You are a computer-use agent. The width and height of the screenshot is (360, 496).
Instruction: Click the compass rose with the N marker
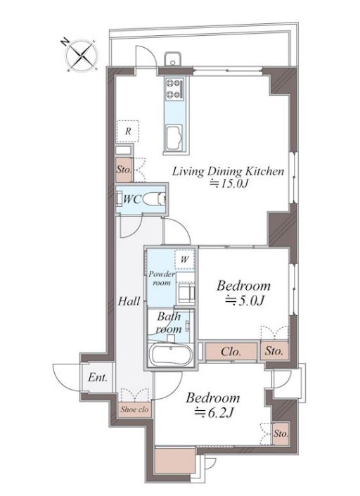point(82,56)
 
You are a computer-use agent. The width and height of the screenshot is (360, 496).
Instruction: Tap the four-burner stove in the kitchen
point(174,89)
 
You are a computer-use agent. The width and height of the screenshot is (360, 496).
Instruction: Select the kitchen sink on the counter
point(174,138)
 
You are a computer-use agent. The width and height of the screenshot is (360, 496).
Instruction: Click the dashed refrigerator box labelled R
point(128,131)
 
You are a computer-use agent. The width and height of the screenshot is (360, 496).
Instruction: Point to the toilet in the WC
point(154,200)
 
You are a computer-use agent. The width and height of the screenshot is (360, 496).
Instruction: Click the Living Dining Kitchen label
point(228,172)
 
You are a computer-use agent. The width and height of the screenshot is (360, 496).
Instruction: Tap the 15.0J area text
point(229,184)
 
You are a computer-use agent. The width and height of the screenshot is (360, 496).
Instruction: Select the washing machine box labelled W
point(185,260)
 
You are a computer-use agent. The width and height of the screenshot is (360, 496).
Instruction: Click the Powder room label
point(162,278)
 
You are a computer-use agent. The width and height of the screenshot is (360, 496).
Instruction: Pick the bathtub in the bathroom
point(171,354)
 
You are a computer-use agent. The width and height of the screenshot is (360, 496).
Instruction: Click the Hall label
point(129,301)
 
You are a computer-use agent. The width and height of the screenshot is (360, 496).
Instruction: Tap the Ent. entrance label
point(98,377)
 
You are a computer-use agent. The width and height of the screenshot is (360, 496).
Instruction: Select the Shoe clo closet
point(134,409)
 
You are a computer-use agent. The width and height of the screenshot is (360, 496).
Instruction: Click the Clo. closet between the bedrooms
point(231,352)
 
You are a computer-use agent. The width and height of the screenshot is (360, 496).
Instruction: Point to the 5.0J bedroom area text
point(245,301)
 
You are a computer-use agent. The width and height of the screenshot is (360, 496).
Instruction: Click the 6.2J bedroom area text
point(214,412)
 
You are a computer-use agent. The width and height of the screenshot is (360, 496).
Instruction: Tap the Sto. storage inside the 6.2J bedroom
point(281,433)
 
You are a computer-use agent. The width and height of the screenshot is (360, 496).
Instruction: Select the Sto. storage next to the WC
point(124,170)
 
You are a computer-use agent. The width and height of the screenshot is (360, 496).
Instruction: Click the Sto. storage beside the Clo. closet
point(274,351)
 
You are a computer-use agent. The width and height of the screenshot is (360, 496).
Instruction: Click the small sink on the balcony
point(172,59)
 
